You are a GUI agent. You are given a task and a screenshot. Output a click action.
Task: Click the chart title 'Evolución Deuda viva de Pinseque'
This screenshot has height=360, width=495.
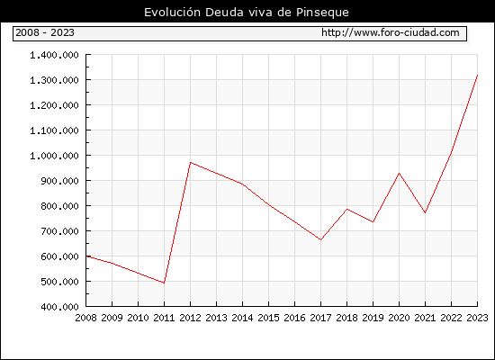(x=247, y=13)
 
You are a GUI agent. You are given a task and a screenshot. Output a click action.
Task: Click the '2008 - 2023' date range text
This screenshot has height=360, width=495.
(x=45, y=32)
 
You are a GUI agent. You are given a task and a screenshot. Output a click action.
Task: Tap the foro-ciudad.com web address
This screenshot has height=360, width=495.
(x=391, y=32)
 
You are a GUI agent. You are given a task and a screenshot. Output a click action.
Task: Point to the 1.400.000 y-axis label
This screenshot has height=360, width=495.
(x=54, y=55)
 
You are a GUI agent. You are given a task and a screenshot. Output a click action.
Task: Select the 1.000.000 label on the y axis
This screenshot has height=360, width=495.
(x=54, y=156)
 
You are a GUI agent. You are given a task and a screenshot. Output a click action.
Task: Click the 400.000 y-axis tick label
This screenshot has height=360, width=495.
(x=59, y=307)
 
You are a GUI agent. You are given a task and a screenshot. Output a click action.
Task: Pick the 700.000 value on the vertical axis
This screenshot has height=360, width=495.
(x=59, y=231)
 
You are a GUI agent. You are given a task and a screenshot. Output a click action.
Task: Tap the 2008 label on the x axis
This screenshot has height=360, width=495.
(x=85, y=318)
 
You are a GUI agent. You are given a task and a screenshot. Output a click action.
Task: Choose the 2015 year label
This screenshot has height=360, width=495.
(x=269, y=318)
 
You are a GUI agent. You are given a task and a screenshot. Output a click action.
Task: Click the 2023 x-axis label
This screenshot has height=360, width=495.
(x=477, y=318)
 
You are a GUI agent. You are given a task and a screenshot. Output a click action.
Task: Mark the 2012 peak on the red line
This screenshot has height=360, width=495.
(x=191, y=162)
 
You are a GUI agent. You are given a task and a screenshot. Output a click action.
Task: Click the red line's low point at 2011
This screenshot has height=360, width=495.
(x=164, y=283)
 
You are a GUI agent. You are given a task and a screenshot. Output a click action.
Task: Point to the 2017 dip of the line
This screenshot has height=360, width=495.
(x=320, y=240)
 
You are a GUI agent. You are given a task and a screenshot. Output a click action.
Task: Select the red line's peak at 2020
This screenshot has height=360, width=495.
(x=399, y=173)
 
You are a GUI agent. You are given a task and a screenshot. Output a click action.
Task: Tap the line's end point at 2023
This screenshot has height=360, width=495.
(x=477, y=76)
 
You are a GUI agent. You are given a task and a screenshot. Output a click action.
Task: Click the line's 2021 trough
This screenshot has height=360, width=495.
(x=425, y=212)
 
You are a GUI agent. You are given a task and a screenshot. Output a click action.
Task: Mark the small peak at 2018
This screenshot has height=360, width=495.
(x=346, y=209)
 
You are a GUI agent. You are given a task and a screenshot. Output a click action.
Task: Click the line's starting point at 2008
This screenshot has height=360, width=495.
(x=86, y=256)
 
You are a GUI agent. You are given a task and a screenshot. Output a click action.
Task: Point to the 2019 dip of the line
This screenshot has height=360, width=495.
(x=373, y=222)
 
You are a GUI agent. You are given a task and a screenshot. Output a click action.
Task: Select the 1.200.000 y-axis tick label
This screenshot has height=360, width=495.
(x=54, y=105)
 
